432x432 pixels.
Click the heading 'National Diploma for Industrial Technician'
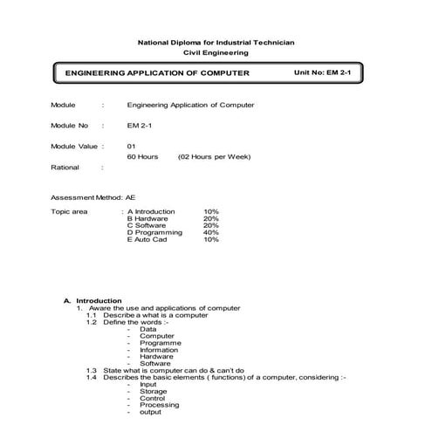[216, 43]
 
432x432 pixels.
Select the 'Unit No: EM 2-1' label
[326, 72]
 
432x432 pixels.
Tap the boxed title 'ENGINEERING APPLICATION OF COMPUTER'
[157, 73]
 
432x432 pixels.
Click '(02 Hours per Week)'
[214, 156]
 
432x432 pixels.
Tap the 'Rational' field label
[65, 167]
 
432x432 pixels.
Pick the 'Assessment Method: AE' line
[93, 198]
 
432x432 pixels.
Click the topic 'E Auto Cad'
[147, 239]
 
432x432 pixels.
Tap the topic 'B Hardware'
[147, 218]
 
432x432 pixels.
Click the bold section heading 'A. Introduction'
[93, 300]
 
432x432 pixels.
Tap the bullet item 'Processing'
[159, 405]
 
